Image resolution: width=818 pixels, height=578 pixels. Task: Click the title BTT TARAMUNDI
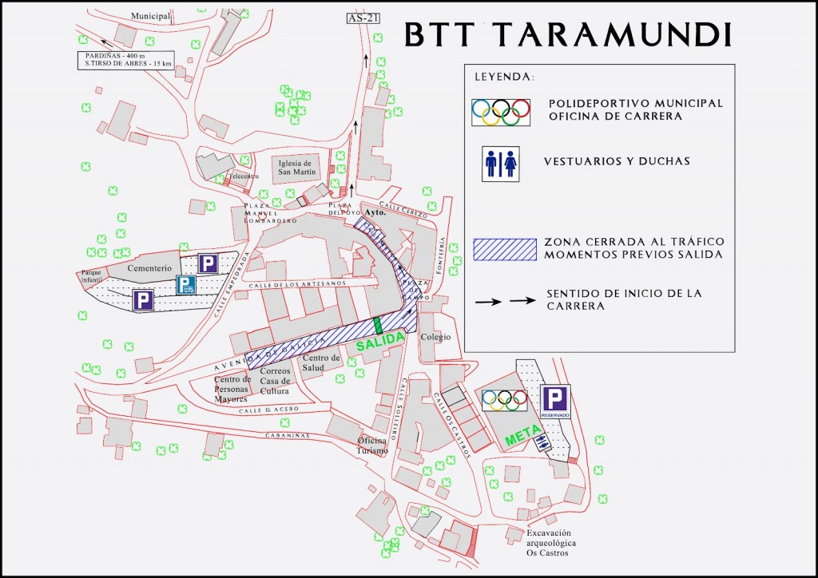(x=568, y=34)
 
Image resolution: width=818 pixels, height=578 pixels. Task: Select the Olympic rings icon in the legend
(x=501, y=111)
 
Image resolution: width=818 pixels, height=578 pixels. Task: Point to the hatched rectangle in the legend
(x=504, y=249)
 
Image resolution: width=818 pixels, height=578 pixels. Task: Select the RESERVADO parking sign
(x=554, y=403)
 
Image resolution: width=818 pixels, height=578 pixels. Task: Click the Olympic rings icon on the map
(x=504, y=400)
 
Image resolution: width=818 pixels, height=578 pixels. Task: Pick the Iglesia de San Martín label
(x=296, y=167)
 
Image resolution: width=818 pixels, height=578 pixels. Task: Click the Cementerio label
(x=150, y=269)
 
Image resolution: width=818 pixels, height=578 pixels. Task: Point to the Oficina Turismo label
(x=372, y=445)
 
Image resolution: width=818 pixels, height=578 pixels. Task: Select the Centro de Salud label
(x=321, y=363)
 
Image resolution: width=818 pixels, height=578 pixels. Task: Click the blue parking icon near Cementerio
(x=185, y=285)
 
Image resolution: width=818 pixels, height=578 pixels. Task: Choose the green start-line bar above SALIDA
(x=376, y=326)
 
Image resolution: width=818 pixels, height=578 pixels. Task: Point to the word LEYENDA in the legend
(x=504, y=77)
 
